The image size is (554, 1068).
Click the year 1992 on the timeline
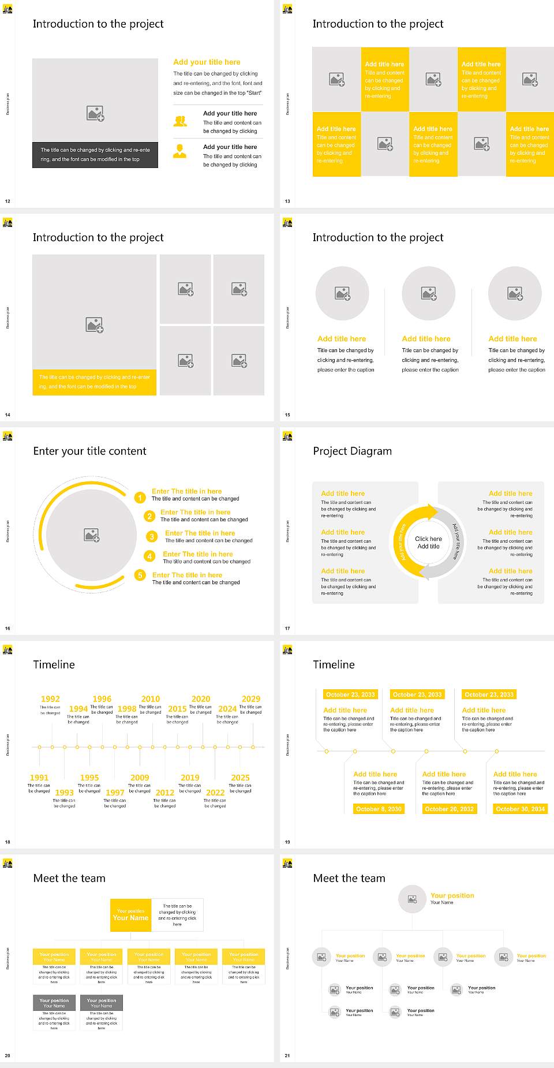click(50, 699)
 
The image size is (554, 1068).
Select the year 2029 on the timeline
click(251, 699)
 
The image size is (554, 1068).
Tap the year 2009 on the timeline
click(140, 778)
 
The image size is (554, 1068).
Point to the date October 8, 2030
click(379, 809)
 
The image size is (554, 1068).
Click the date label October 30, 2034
click(521, 809)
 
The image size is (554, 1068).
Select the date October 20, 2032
click(449, 809)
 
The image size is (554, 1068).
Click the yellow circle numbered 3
click(152, 537)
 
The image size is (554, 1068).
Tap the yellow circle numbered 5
click(140, 575)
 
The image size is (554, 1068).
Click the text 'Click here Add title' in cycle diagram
click(428, 542)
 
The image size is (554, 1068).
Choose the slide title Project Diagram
click(352, 451)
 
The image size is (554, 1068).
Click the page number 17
click(287, 628)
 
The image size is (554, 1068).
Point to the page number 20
click(8, 1055)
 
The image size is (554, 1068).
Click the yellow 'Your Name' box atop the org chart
click(131, 915)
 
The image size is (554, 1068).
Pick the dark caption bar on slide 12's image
click(95, 155)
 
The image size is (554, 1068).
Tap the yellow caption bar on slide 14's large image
click(95, 382)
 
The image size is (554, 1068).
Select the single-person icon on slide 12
click(180, 151)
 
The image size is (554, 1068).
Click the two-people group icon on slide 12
click(180, 121)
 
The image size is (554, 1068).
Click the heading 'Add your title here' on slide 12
click(207, 62)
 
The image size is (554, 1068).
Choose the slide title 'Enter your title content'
click(89, 451)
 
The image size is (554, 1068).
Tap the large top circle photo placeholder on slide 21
click(412, 899)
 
